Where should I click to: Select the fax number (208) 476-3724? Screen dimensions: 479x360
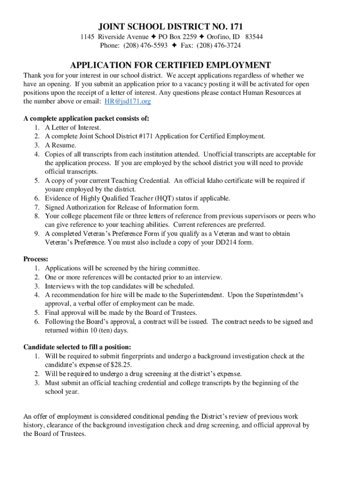tap(219, 45)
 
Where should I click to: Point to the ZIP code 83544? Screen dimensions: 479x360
tap(254, 36)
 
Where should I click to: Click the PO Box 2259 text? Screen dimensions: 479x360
tap(178, 36)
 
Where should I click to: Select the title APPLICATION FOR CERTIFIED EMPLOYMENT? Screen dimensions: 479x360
tap(170, 65)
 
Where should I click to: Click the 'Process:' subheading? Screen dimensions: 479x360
tap(36, 259)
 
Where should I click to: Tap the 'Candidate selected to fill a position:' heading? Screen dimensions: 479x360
tap(77, 347)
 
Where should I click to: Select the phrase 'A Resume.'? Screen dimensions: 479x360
tap(61, 145)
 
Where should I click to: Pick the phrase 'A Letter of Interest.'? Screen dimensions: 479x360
tap(73, 127)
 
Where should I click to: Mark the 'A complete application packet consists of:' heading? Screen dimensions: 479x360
tap(86, 118)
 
